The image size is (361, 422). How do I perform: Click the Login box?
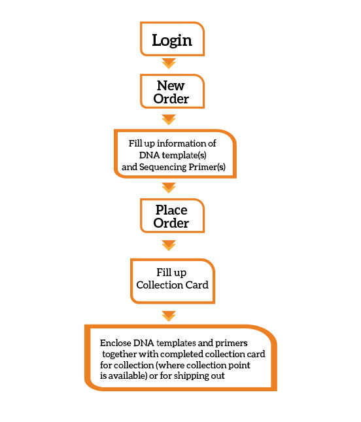(172, 39)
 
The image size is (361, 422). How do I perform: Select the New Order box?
(172, 92)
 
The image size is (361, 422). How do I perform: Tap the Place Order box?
(172, 216)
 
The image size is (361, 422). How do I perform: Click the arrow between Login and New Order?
(169, 63)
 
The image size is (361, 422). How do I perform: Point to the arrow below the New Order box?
(169, 120)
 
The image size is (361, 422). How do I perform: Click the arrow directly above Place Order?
(169, 188)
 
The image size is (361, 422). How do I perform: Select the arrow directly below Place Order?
(169, 245)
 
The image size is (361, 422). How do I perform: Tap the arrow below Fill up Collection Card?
(169, 316)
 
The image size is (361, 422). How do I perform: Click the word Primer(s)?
(207, 167)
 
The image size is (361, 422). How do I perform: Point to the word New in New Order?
(171, 86)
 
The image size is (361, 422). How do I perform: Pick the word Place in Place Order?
(171, 210)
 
